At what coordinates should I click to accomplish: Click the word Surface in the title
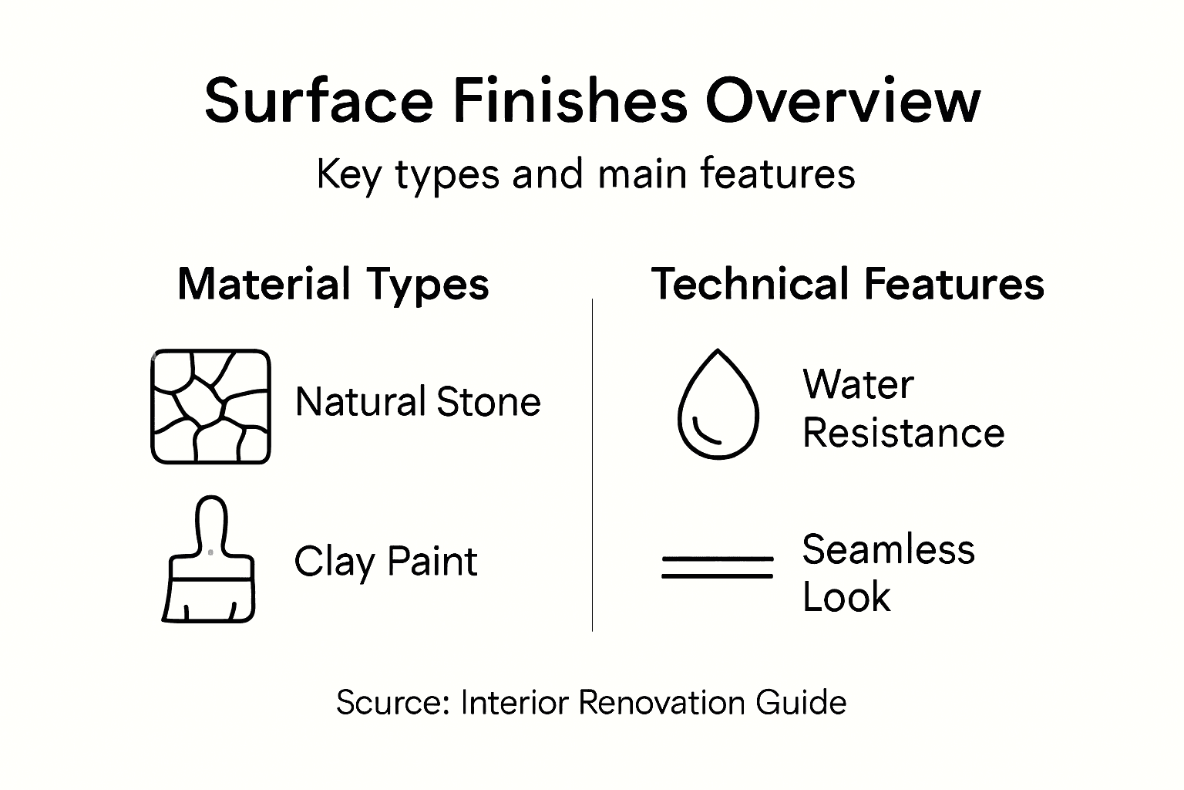tap(318, 102)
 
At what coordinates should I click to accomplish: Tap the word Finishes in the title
tap(569, 102)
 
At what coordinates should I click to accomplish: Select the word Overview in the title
tap(843, 102)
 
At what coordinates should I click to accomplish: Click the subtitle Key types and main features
tap(586, 174)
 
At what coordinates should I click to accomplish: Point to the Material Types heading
tap(333, 284)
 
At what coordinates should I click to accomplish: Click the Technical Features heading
tap(848, 284)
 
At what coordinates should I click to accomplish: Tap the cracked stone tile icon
tap(210, 407)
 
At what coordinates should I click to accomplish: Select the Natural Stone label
tap(418, 403)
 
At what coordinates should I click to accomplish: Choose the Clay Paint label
tap(385, 562)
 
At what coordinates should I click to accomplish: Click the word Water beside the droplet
tap(857, 384)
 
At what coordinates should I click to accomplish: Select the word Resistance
tap(903, 433)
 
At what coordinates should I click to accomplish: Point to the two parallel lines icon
tap(718, 567)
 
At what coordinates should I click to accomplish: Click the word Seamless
tap(888, 550)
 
